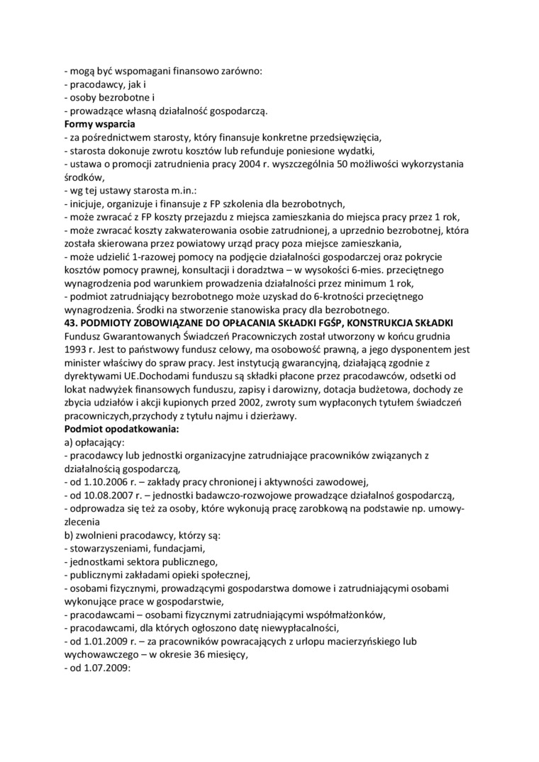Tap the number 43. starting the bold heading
click(71, 323)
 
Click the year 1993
click(75, 350)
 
